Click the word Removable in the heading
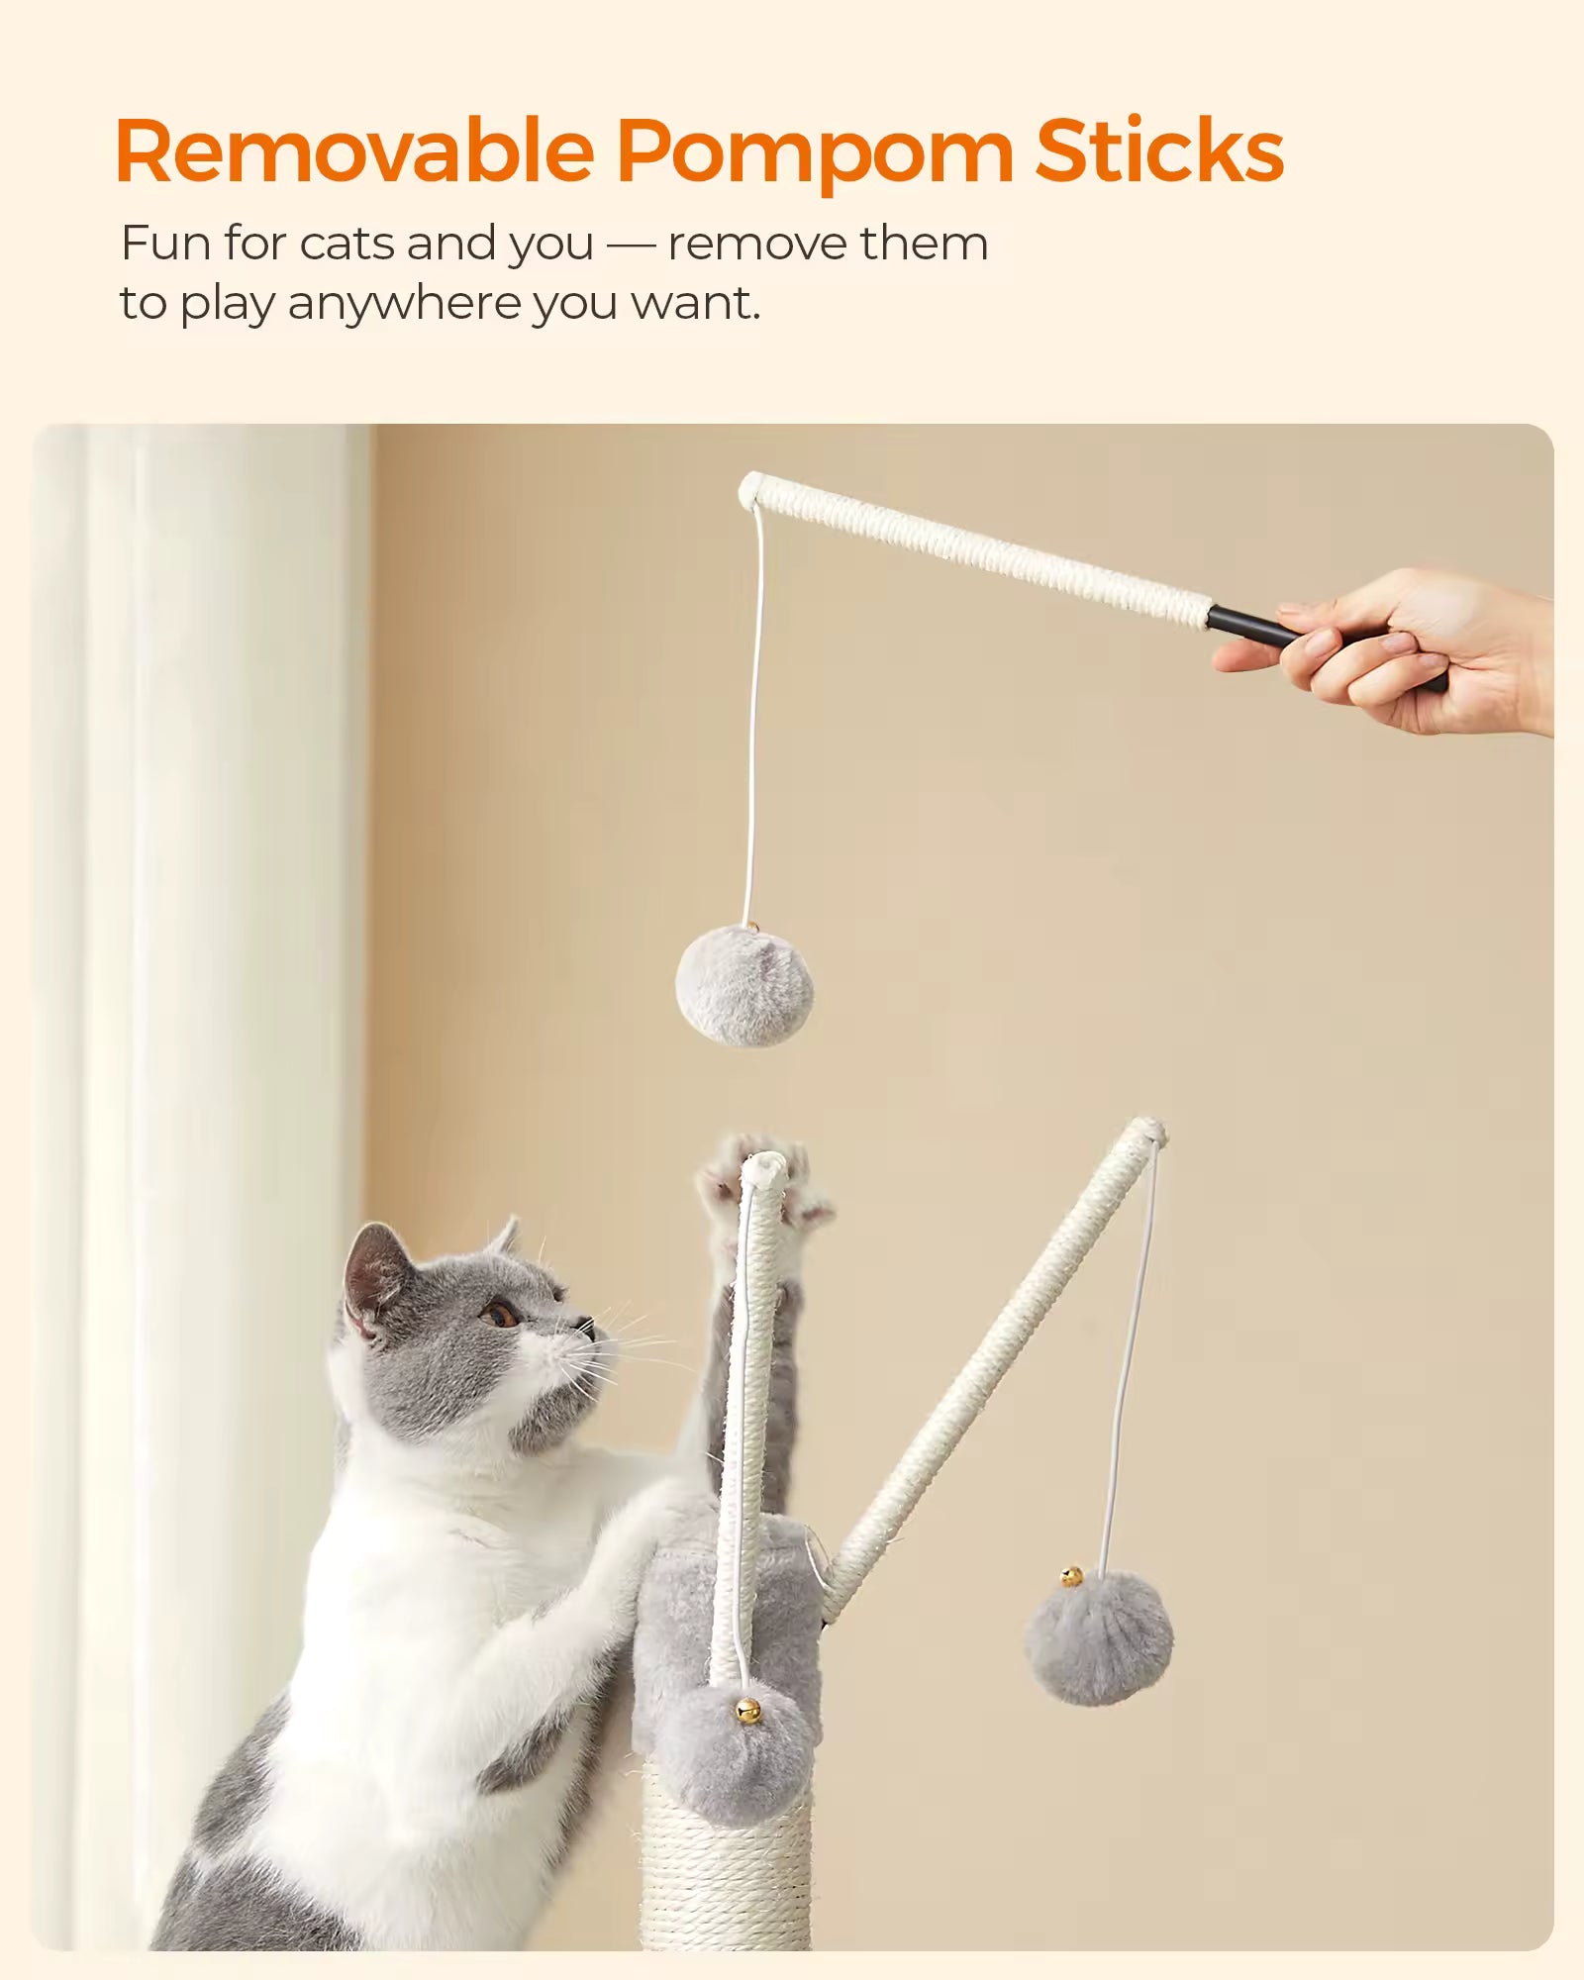tap(354, 150)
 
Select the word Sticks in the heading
tap(1160, 150)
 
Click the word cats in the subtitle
tap(346, 244)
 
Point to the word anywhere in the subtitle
tap(404, 304)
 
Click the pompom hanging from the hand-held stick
tap(744, 985)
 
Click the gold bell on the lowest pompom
tap(747, 1710)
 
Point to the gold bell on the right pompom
tap(1071, 1576)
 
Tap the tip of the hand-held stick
tap(749, 490)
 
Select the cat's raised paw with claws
tap(762, 1183)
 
